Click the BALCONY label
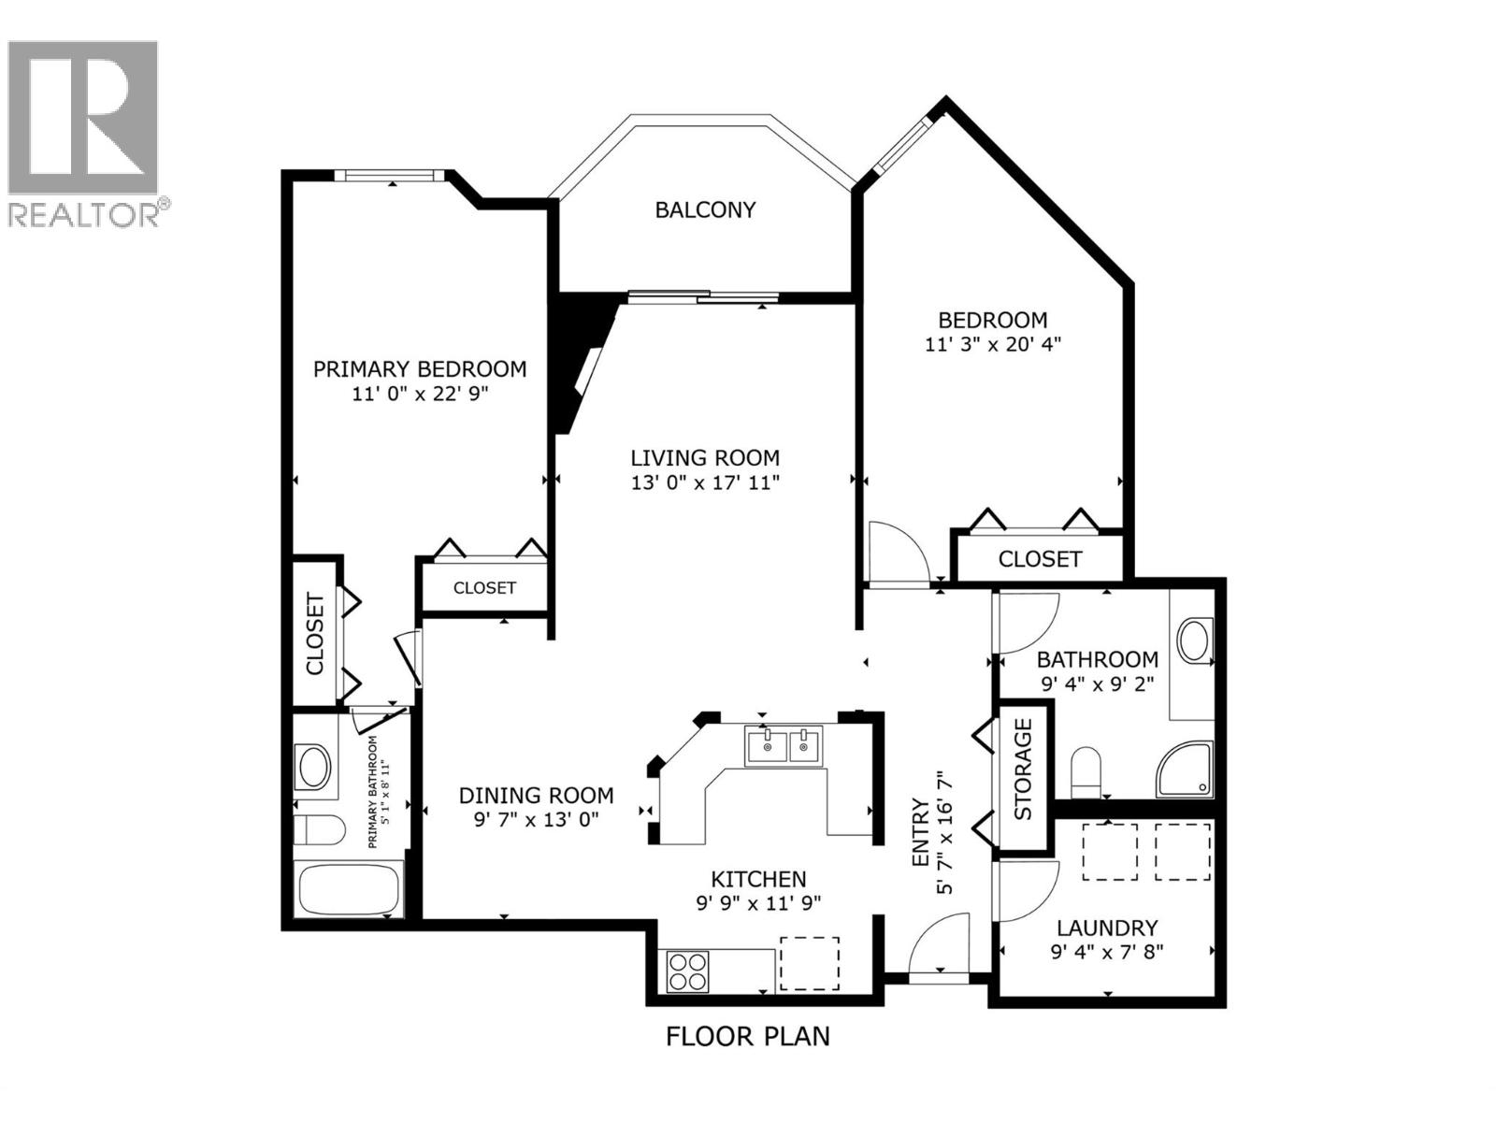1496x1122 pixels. (705, 209)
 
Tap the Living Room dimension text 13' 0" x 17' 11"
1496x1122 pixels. (705, 482)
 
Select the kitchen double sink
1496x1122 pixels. (784, 746)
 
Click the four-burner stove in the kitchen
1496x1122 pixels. (687, 971)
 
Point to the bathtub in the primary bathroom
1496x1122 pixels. (348, 890)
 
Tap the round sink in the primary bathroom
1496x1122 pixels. (313, 768)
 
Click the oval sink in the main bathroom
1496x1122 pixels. (1194, 641)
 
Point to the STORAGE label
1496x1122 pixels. (1023, 769)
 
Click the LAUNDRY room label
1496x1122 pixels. (1107, 928)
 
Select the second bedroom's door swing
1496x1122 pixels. (898, 554)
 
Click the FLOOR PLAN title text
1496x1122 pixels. (747, 1036)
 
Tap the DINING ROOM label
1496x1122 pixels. (536, 795)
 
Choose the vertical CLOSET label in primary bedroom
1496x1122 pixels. (315, 633)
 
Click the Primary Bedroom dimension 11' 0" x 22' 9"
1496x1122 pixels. (421, 394)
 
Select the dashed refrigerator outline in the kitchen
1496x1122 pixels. (810, 963)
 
